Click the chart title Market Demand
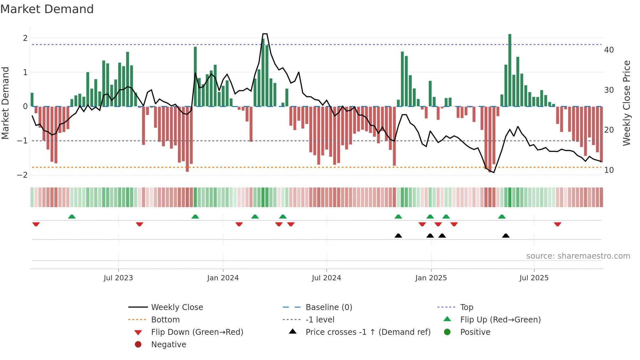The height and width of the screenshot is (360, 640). pyautogui.click(x=47, y=9)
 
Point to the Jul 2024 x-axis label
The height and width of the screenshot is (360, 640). pyautogui.click(x=326, y=278)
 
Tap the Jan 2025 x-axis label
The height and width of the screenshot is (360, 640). pyautogui.click(x=431, y=278)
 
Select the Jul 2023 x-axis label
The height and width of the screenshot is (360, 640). pyautogui.click(x=118, y=278)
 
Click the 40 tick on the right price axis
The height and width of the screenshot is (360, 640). pyautogui.click(x=609, y=50)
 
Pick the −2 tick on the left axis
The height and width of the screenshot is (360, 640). pyautogui.click(x=22, y=175)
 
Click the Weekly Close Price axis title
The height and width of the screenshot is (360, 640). pyautogui.click(x=626, y=103)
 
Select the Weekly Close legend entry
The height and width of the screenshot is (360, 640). pyautogui.click(x=177, y=307)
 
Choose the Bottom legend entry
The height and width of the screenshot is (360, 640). pyautogui.click(x=165, y=320)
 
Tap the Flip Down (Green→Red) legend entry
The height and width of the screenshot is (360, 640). pyautogui.click(x=197, y=332)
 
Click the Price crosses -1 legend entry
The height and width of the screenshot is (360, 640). pyautogui.click(x=368, y=332)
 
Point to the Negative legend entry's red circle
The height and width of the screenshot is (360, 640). pyautogui.click(x=138, y=345)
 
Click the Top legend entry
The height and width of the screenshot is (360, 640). pyautogui.click(x=466, y=307)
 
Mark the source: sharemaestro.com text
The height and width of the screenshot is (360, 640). pyautogui.click(x=578, y=256)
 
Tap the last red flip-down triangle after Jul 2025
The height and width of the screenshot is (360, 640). pyautogui.click(x=557, y=224)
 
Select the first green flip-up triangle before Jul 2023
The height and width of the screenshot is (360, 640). pyautogui.click(x=72, y=217)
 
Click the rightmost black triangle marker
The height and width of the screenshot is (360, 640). pyautogui.click(x=505, y=236)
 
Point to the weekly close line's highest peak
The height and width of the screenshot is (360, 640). pyautogui.click(x=265, y=34)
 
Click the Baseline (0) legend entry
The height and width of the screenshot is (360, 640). pyautogui.click(x=328, y=307)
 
